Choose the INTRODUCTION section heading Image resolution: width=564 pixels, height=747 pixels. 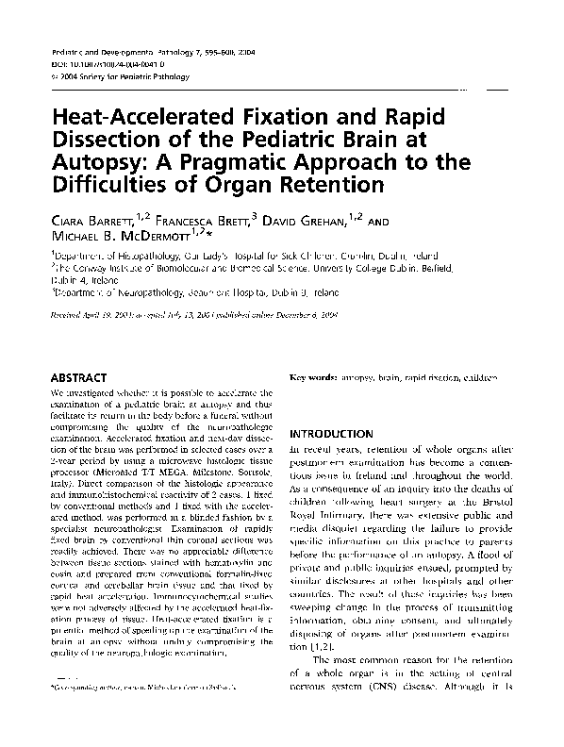[333, 434]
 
